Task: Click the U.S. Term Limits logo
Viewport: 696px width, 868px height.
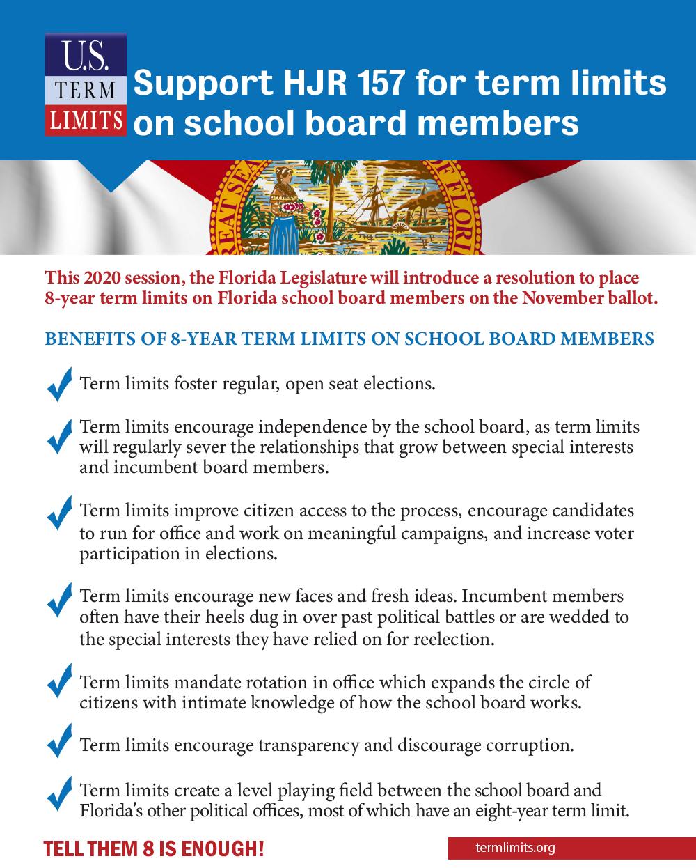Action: pyautogui.click(x=86, y=84)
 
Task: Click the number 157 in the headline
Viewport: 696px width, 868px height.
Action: pyautogui.click(x=380, y=83)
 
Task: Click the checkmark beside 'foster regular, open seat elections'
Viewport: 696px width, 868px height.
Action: pyautogui.click(x=59, y=384)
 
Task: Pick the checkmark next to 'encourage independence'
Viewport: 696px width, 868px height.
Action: pyautogui.click(x=59, y=437)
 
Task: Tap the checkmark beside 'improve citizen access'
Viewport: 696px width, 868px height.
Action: pyautogui.click(x=59, y=513)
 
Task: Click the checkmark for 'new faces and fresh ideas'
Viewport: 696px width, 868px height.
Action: pyautogui.click(x=59, y=599)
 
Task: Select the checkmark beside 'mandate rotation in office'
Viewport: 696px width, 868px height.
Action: pyautogui.click(x=59, y=681)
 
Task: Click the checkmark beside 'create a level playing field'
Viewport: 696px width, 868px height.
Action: pyautogui.click(x=59, y=793)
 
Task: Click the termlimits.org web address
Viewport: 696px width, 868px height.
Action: pyautogui.click(x=515, y=848)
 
